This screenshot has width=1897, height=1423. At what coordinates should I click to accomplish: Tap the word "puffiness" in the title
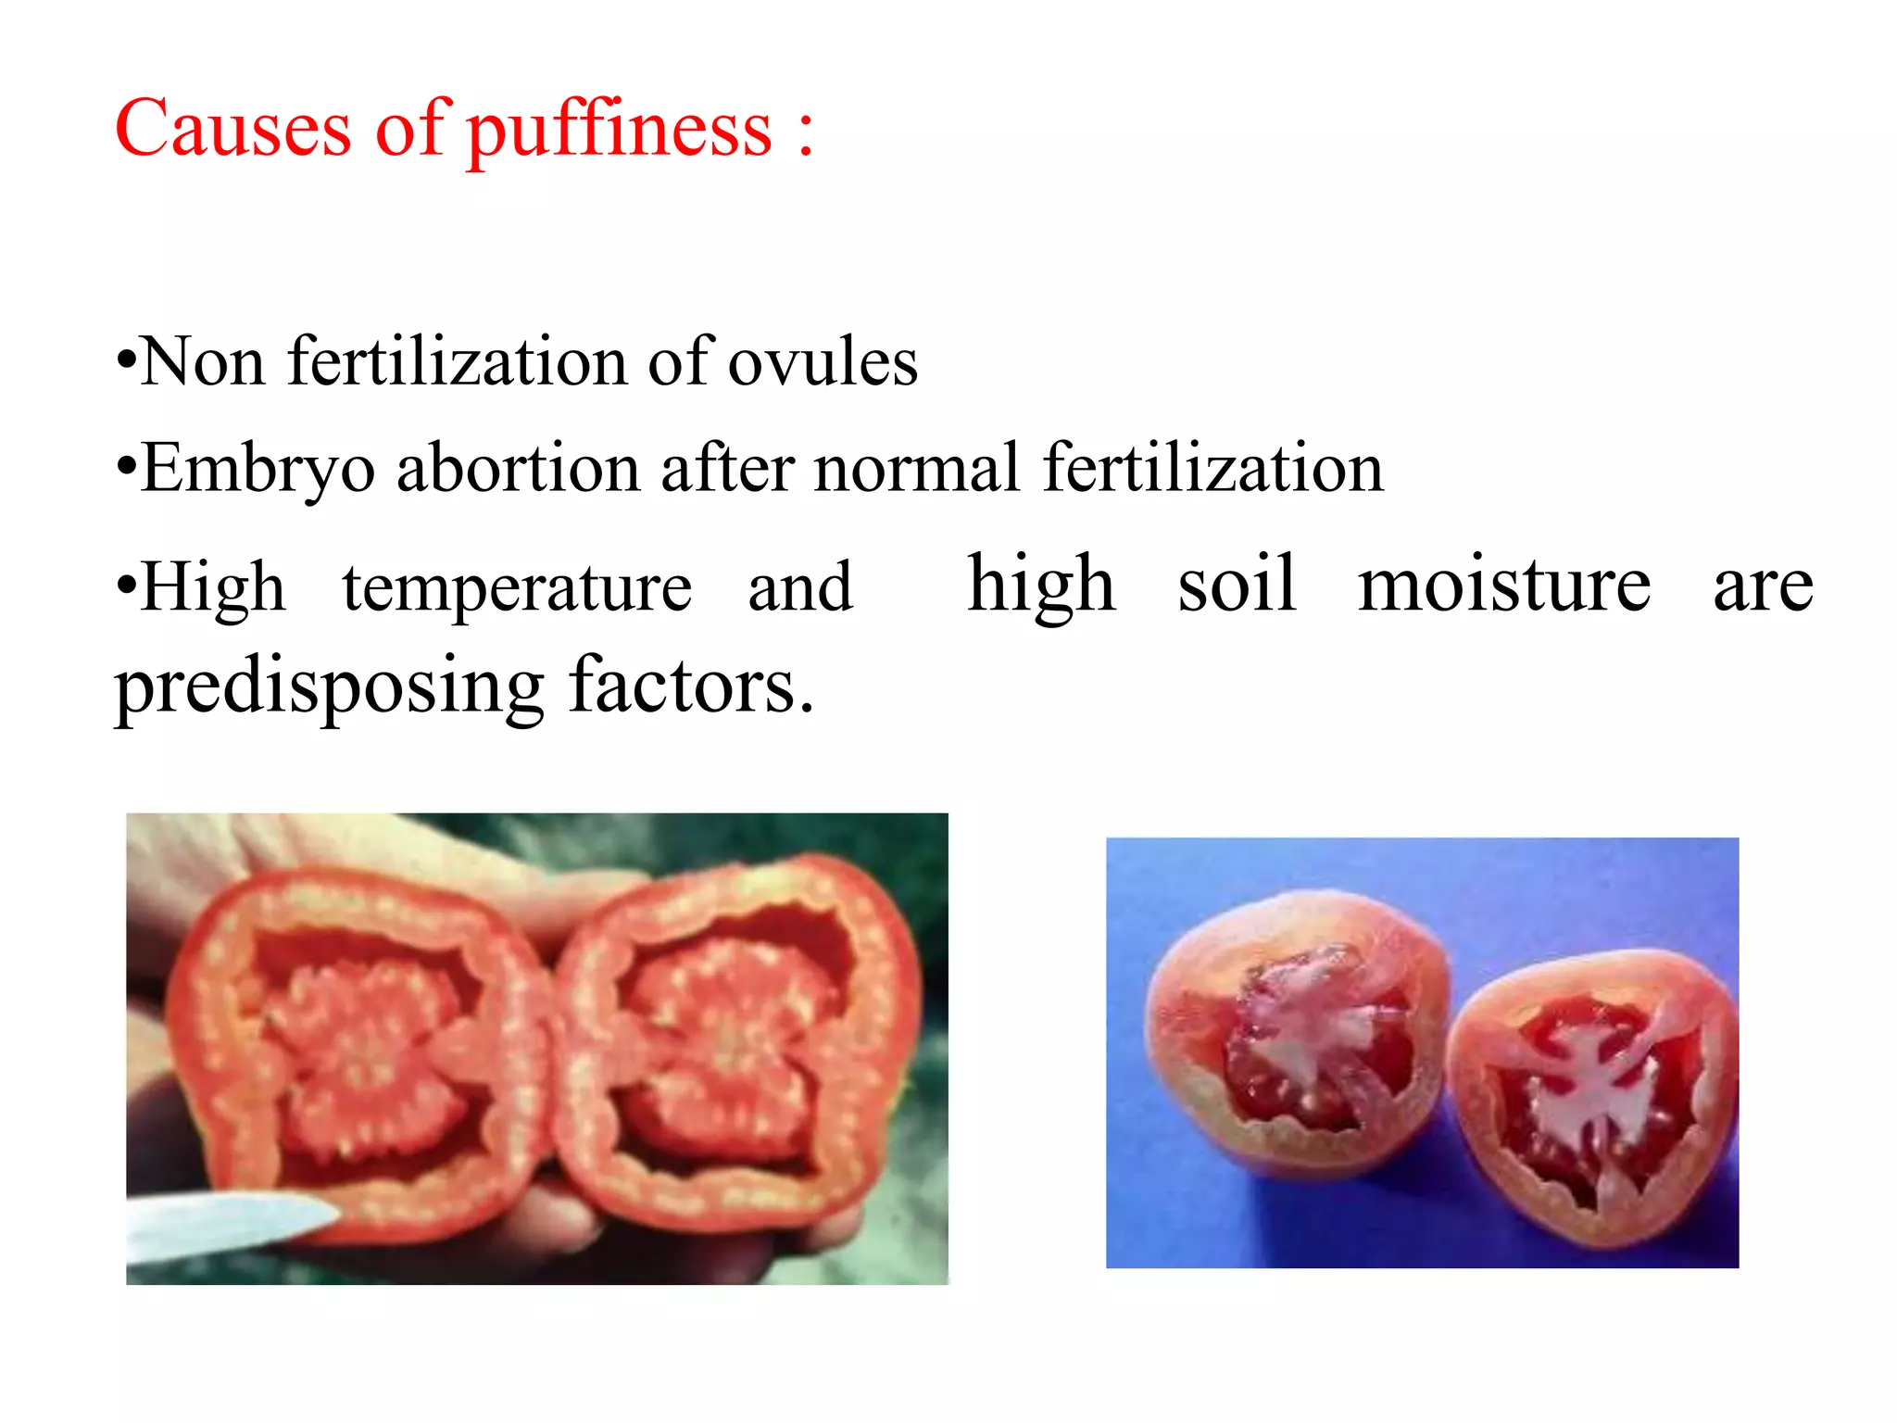(618, 130)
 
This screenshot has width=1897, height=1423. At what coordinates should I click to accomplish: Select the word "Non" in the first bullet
(202, 360)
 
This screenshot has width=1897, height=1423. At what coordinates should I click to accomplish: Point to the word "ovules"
(823, 361)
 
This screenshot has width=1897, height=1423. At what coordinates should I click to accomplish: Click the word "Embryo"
(258, 469)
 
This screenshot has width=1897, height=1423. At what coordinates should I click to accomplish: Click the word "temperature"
(517, 587)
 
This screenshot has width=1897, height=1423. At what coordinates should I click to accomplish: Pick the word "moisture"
(1504, 585)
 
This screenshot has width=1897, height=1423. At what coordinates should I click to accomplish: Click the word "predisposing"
(329, 687)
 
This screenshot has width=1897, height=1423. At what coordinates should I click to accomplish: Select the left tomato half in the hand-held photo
(361, 1047)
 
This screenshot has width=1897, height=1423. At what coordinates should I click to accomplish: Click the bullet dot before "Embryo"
(127, 467)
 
